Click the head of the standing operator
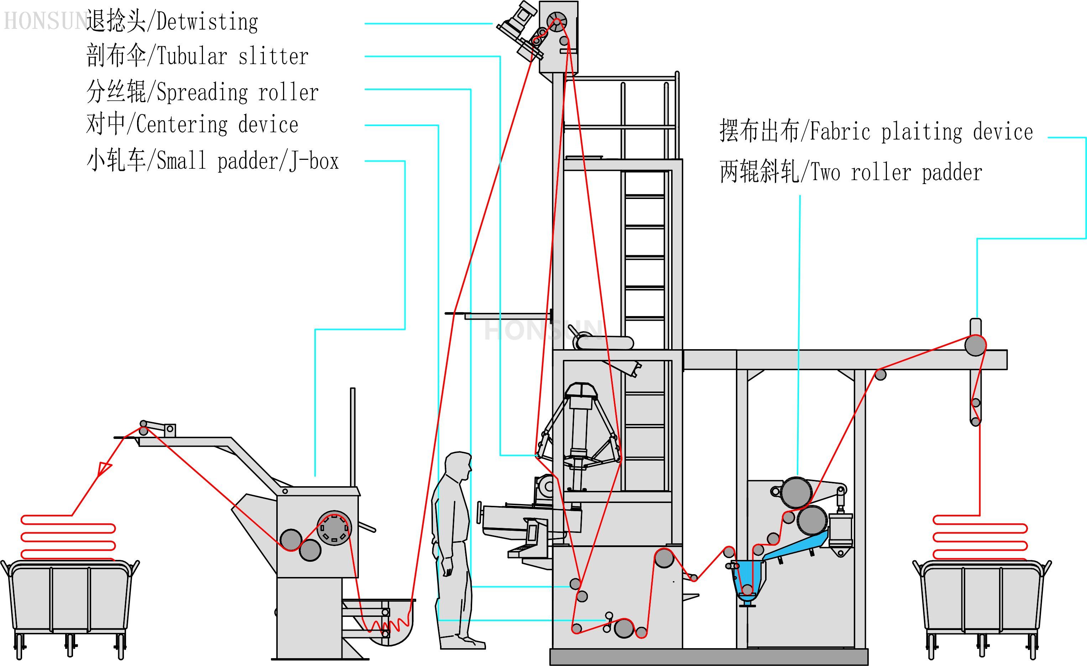pos(458,466)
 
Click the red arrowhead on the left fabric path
pos(104,468)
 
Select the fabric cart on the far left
pos(70,600)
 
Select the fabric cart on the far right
pos(982,600)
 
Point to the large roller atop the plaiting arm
pos(975,345)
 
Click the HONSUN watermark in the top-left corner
pos(44,21)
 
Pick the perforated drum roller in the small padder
pos(334,528)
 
